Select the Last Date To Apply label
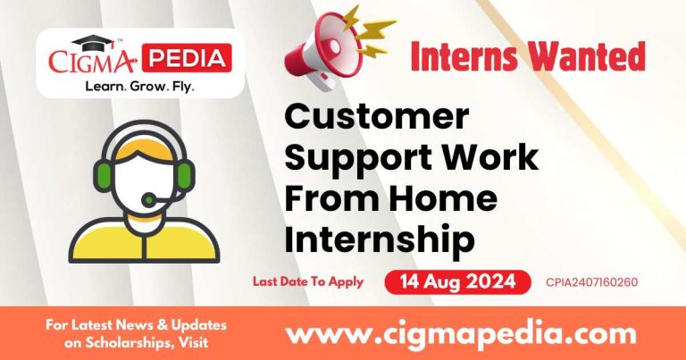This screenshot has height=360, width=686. tap(307, 281)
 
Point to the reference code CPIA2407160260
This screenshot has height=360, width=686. tap(591, 283)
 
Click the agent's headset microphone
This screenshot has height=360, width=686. tap(152, 198)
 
